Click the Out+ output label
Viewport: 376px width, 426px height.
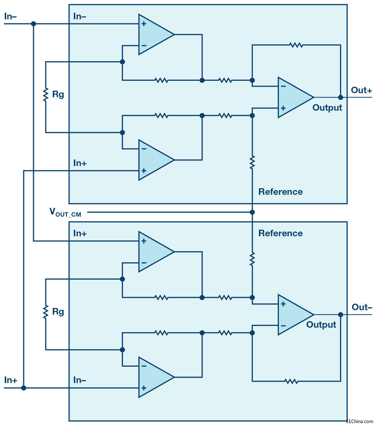pos(361,90)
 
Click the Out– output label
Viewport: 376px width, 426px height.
pos(362,307)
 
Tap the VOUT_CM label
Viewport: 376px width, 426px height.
pos(65,212)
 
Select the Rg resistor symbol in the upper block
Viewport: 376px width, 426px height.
pos(45,95)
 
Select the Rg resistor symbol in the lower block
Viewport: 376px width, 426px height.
pos(45,312)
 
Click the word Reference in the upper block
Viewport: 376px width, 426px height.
pos(280,192)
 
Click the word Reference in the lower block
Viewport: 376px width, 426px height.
pos(280,233)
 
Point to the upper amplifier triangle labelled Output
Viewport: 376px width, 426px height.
pos(295,97)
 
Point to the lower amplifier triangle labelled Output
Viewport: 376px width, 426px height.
pos(295,315)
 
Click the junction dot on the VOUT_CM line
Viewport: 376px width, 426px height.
pos(252,212)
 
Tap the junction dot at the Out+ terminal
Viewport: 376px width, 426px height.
pos(340,97)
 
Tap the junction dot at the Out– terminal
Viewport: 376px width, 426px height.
pos(340,315)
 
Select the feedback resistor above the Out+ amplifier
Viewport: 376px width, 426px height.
pos(296,45)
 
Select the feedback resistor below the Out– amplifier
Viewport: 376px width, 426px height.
pos(291,381)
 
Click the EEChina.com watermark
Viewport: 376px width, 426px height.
pos(360,421)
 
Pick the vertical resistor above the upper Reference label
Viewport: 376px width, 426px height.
pos(252,162)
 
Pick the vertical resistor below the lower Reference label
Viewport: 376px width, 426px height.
pos(252,259)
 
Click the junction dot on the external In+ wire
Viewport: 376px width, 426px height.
pos(24,388)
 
